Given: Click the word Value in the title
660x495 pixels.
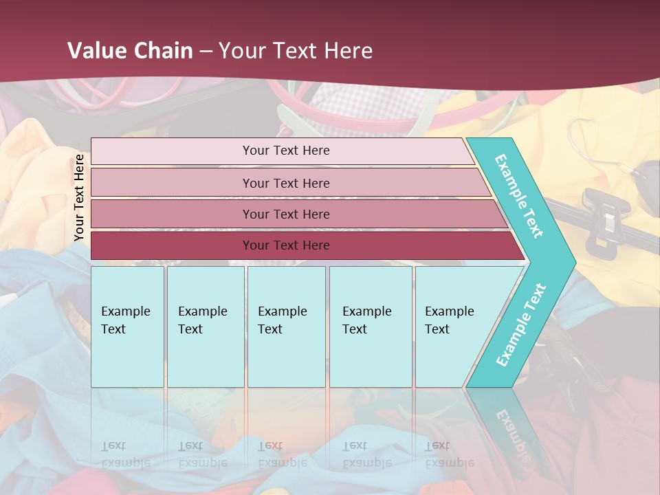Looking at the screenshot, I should pyautogui.click(x=97, y=51).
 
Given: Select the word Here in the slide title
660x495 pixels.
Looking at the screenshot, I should pyautogui.click(x=348, y=51).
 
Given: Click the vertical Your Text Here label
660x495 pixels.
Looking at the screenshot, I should pyautogui.click(x=79, y=198).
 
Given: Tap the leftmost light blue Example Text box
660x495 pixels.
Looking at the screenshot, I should pyautogui.click(x=127, y=327).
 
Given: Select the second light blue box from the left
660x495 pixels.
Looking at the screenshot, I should pyautogui.click(x=205, y=327).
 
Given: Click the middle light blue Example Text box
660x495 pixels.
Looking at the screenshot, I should pyautogui.click(x=286, y=327).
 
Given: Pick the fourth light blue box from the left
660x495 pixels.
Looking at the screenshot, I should pyautogui.click(x=371, y=327).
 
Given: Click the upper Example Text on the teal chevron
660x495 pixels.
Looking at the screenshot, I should pyautogui.click(x=519, y=196).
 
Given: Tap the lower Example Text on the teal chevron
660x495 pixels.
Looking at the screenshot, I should pyautogui.click(x=521, y=324).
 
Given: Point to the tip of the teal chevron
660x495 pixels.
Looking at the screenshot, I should pyautogui.click(x=574, y=262).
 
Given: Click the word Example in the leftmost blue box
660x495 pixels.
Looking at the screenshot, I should pyautogui.click(x=125, y=311).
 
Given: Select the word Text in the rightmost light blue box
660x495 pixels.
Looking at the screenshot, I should pyautogui.click(x=437, y=329).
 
